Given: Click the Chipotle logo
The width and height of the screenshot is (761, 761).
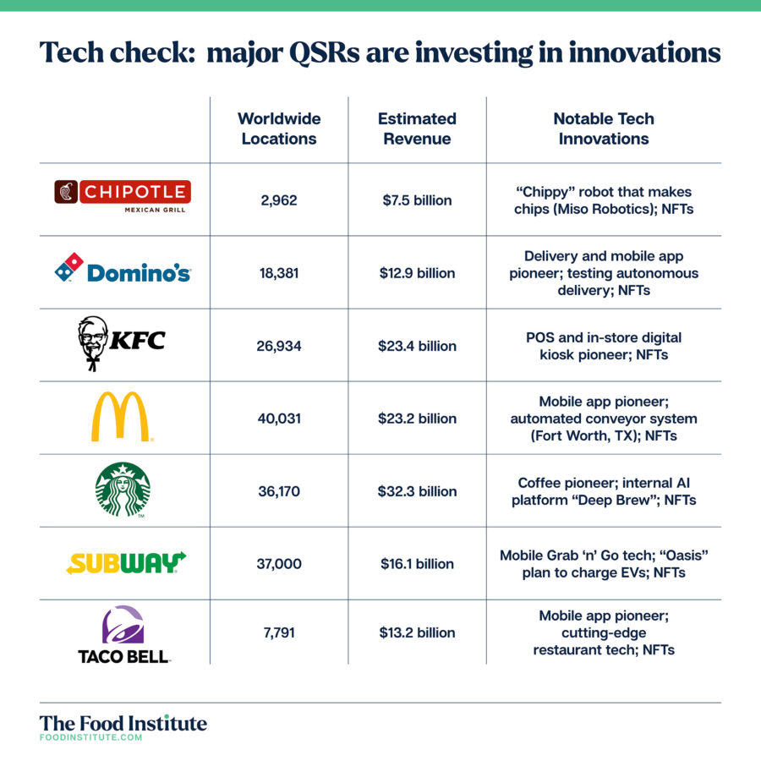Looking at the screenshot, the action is pyautogui.click(x=123, y=196).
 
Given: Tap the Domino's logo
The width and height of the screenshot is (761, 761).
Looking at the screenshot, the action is pyautogui.click(x=123, y=268).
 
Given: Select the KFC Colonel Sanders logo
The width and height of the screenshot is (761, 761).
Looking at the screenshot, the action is pyautogui.click(x=121, y=343).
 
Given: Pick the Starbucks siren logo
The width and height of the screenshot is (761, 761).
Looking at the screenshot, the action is pyautogui.click(x=123, y=490).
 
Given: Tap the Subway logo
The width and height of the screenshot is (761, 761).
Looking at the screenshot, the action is pyautogui.click(x=126, y=563).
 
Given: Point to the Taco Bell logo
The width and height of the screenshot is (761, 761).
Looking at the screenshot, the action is pyautogui.click(x=123, y=634).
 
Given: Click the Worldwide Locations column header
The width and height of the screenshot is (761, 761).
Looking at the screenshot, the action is pyautogui.click(x=279, y=129).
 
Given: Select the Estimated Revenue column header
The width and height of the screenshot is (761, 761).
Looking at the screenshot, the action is pyautogui.click(x=417, y=129).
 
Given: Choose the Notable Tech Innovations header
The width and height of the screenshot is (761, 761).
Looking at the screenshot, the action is pyautogui.click(x=604, y=129).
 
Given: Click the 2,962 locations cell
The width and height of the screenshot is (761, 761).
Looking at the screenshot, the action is pyautogui.click(x=279, y=200).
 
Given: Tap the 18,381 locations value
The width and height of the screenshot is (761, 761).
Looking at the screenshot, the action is pyautogui.click(x=279, y=273).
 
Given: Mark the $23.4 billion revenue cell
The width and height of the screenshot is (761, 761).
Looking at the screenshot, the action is pyautogui.click(x=418, y=346).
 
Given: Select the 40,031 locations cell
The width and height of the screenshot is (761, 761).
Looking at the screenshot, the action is pyautogui.click(x=279, y=419).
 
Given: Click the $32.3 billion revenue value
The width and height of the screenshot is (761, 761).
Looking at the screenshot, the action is pyautogui.click(x=418, y=491).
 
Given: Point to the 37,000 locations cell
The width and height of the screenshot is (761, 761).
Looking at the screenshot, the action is pyautogui.click(x=279, y=564).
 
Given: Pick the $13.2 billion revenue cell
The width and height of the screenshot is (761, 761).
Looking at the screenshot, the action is pyautogui.click(x=418, y=632).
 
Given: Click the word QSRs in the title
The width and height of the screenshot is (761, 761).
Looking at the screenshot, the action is pyautogui.click(x=324, y=52).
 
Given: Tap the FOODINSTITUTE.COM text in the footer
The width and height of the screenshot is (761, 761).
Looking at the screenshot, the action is pyautogui.click(x=90, y=737).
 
